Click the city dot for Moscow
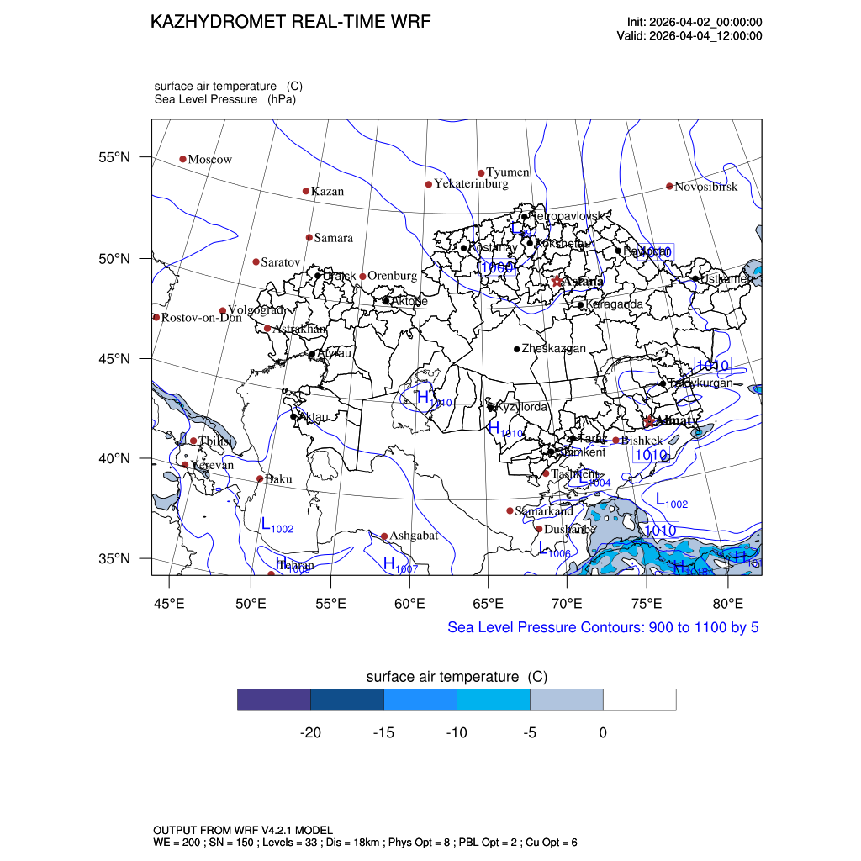[182, 159]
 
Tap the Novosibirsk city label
[706, 187]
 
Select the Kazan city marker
[306, 191]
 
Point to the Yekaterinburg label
[471, 183]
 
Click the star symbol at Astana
[557, 281]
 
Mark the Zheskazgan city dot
[517, 349]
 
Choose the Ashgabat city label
[414, 536]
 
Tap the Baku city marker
[260, 479]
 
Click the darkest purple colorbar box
[274, 700]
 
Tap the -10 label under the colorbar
[457, 732]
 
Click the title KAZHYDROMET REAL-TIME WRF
[290, 22]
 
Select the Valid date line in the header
[689, 35]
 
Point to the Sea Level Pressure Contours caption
[603, 627]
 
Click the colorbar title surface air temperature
[457, 677]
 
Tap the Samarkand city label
[544, 511]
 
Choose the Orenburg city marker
[362, 277]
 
